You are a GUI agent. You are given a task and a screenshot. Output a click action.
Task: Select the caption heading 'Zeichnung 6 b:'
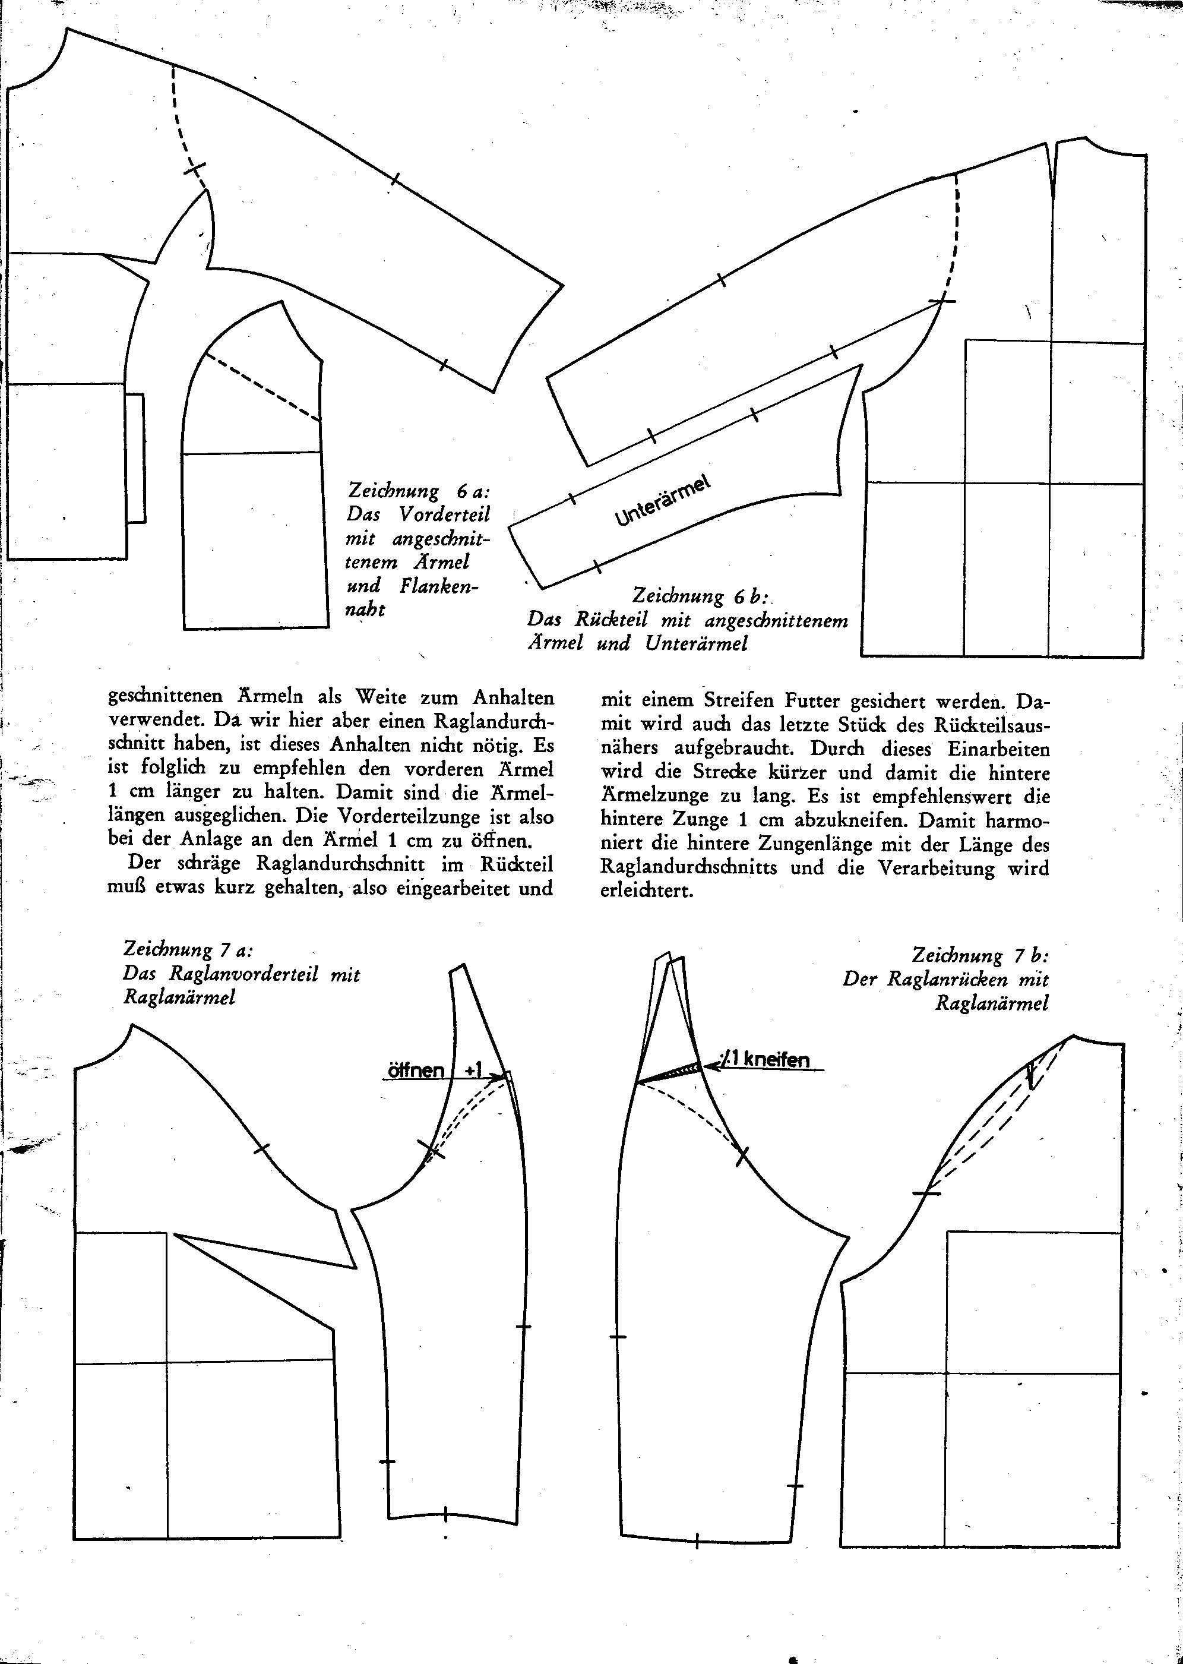pos(700,595)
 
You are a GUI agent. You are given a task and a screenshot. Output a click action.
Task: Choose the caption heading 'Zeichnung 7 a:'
pos(188,950)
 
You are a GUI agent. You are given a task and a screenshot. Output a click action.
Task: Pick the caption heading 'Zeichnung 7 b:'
pos(980,955)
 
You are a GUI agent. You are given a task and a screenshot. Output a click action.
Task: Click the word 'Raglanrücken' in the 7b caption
pos(947,979)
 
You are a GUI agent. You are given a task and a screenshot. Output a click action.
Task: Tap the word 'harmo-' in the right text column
pos(1016,820)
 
